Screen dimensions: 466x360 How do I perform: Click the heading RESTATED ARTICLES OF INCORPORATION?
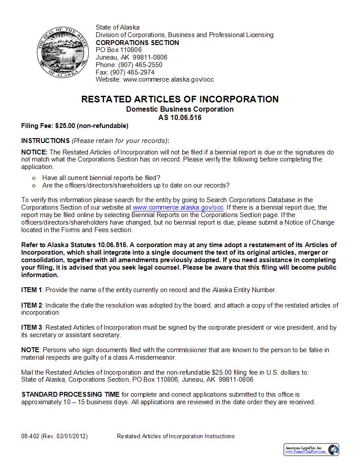pyautogui.click(x=180, y=99)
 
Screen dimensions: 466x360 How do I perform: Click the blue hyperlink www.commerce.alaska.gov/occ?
pyautogui.click(x=178, y=207)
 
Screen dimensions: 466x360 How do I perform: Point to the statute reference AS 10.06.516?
pyautogui.click(x=180, y=117)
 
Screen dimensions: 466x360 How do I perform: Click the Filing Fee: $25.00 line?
pyautogui.click(x=75, y=126)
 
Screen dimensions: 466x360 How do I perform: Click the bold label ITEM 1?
pyautogui.click(x=32, y=290)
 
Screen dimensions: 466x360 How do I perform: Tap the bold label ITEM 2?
pyautogui.click(x=32, y=305)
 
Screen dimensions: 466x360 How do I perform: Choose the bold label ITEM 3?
pyautogui.click(x=32, y=327)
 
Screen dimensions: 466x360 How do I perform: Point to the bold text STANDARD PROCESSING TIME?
pyautogui.click(x=71, y=395)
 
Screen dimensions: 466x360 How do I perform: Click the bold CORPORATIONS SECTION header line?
pyautogui.click(x=137, y=43)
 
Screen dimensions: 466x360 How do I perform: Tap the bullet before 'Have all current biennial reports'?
pyautogui.click(x=34, y=178)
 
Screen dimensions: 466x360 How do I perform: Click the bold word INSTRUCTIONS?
pyautogui.click(x=45, y=141)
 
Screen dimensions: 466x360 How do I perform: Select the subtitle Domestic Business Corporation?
pyautogui.click(x=180, y=109)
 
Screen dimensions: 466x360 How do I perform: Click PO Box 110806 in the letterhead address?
pyautogui.click(x=119, y=50)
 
